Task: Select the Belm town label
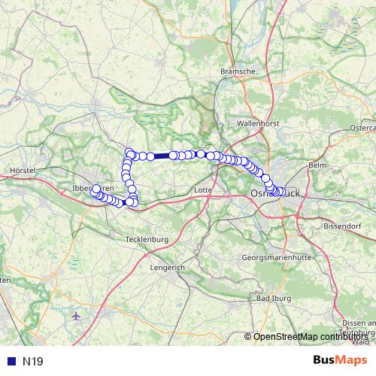tap(317, 164)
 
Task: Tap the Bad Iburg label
tap(274, 299)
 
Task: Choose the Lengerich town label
tap(166, 267)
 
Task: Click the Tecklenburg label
tap(146, 238)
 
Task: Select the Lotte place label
tap(203, 190)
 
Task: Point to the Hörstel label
tap(23, 171)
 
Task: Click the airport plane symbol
tap(75, 316)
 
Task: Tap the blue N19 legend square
tap(11, 361)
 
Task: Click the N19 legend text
tap(33, 361)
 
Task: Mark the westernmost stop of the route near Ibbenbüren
tap(96, 189)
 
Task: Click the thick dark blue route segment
tap(162, 156)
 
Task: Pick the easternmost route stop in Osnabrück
tap(282, 192)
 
